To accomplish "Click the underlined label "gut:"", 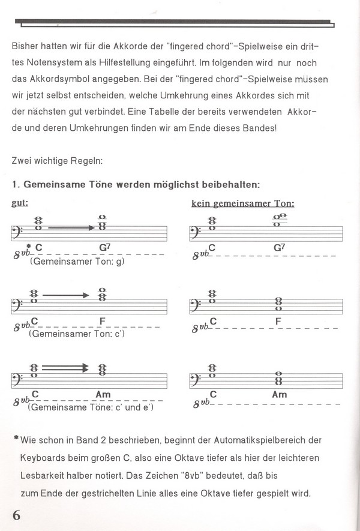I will [20, 203].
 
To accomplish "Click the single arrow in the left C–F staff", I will [69, 295].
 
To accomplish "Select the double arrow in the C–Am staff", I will [66, 368].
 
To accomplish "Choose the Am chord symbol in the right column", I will [280, 395].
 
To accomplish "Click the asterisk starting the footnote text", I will [14, 439].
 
